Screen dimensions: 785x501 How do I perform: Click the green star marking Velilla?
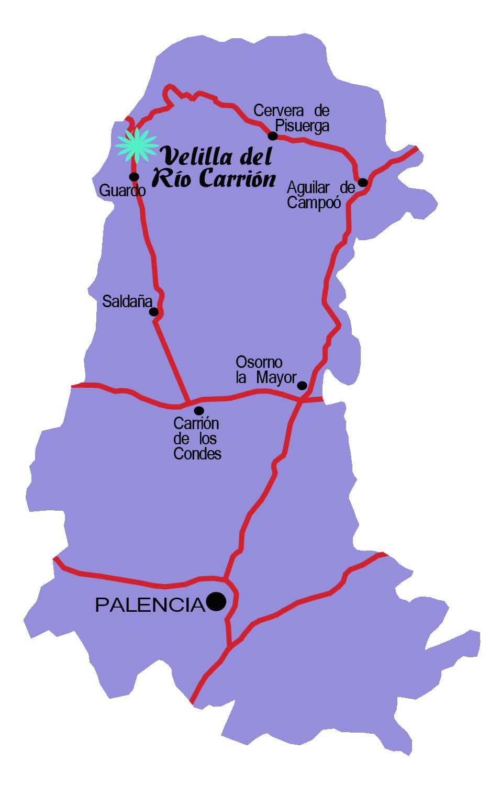(x=137, y=145)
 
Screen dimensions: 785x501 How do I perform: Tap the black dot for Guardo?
(x=134, y=176)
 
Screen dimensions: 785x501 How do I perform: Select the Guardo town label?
(x=122, y=190)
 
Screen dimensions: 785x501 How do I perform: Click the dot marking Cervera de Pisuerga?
(x=273, y=136)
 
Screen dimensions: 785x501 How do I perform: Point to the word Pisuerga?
(x=303, y=126)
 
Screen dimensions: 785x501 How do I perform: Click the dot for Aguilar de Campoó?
(x=362, y=182)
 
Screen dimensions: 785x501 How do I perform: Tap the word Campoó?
(x=314, y=203)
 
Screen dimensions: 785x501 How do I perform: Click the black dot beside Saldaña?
(x=154, y=312)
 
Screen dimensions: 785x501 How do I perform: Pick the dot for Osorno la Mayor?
(x=302, y=386)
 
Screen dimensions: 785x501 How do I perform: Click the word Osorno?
(x=259, y=362)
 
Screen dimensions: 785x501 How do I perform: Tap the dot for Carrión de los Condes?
(x=199, y=411)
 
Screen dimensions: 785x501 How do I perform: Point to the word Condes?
(x=197, y=453)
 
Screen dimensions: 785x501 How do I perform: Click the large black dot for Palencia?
(x=216, y=601)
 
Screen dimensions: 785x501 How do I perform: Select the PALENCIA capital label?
(x=150, y=605)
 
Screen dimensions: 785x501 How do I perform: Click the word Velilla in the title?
(x=192, y=156)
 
